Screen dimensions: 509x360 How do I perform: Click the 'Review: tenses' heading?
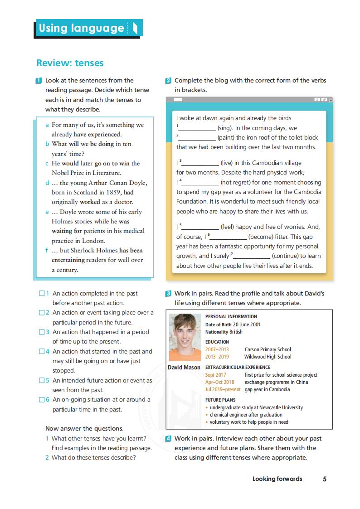point(70,63)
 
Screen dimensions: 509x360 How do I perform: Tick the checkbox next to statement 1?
point(42,294)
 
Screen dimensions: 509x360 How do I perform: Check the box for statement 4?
point(42,352)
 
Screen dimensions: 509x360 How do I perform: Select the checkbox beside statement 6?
point(42,400)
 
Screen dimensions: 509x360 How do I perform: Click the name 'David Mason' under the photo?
point(184,367)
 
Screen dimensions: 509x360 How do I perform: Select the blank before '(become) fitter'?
point(229,237)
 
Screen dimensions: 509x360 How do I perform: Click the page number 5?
point(325,479)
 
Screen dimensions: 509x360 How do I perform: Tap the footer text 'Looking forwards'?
point(277,479)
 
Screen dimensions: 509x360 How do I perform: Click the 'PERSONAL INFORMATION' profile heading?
point(231,316)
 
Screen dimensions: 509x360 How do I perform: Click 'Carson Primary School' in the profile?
point(268,349)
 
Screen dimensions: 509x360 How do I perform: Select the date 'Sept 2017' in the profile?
point(215,375)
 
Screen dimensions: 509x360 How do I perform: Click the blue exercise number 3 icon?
point(168,294)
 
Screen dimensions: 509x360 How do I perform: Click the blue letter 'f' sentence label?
point(47,250)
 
